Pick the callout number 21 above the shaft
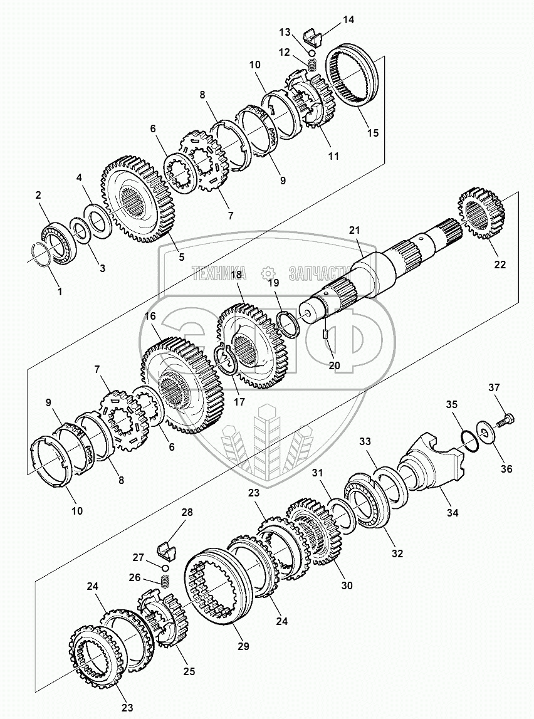(x=355, y=230)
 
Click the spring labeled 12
(x=312, y=63)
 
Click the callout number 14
(x=348, y=19)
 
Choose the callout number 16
(x=150, y=316)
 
